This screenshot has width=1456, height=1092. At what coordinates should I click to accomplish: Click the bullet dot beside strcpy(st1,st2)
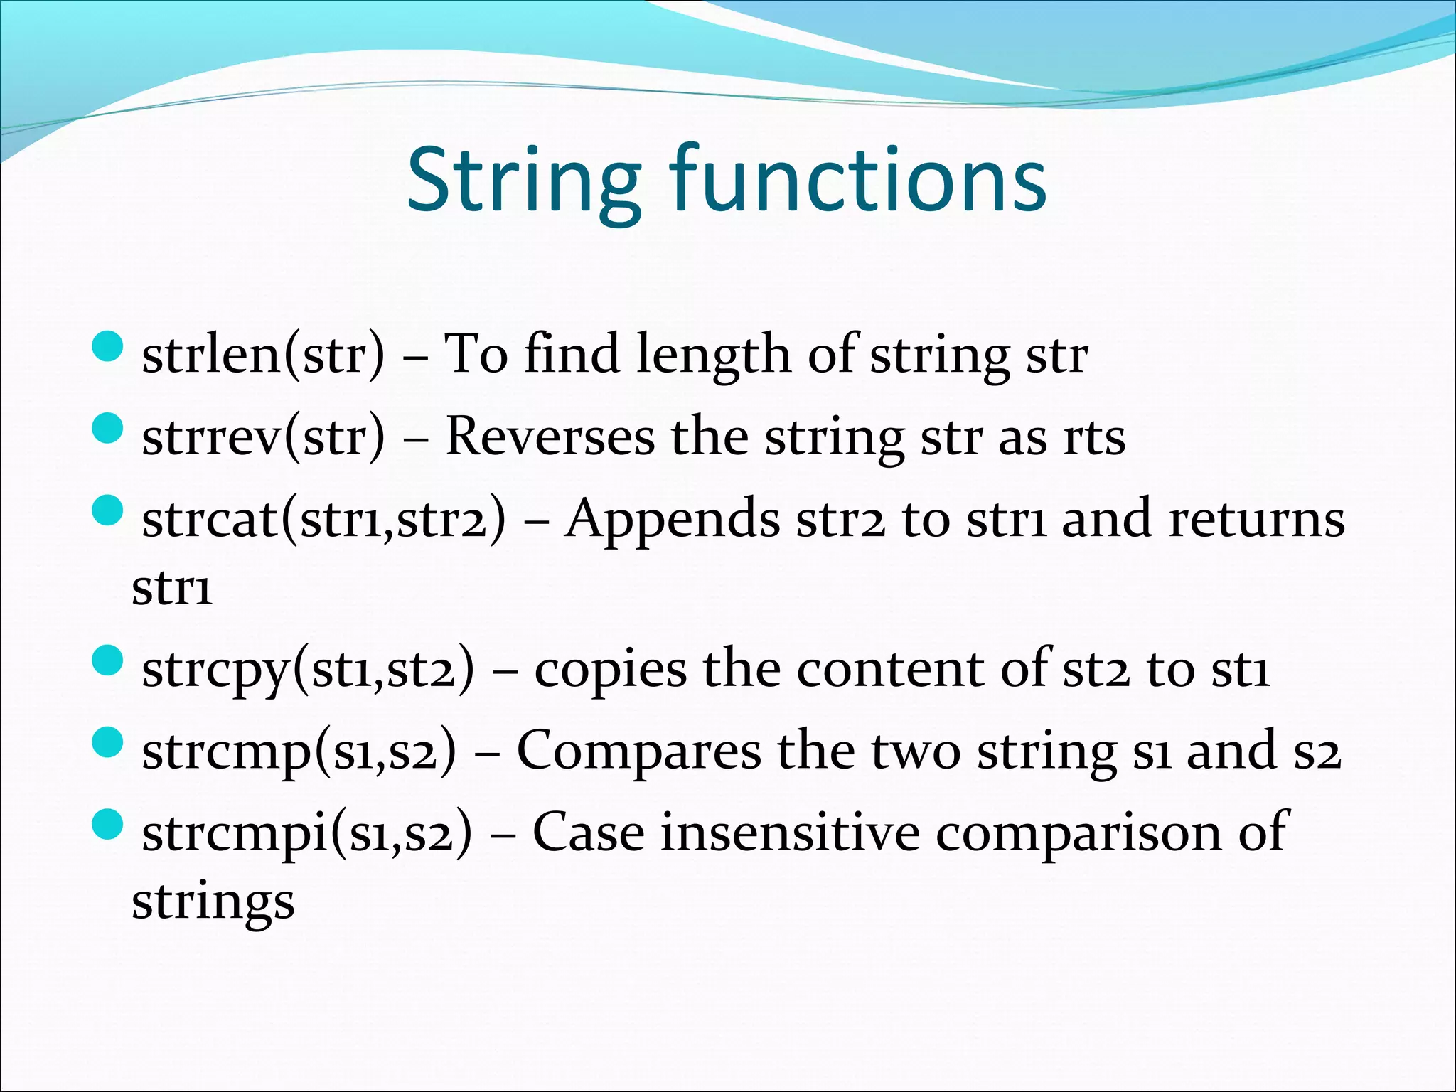pyautogui.click(x=108, y=660)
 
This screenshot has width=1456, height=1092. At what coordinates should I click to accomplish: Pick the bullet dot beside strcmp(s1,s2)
pyautogui.click(x=108, y=743)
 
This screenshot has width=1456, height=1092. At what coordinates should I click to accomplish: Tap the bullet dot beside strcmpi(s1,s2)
pyautogui.click(x=108, y=825)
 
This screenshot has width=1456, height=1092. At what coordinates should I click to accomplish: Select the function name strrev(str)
pyautogui.click(x=263, y=436)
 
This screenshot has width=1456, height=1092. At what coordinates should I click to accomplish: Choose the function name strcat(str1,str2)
pyautogui.click(x=324, y=519)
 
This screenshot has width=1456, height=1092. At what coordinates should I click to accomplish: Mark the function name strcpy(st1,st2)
pyautogui.click(x=307, y=670)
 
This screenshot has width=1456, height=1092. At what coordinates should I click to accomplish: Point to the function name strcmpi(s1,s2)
pyautogui.click(x=306, y=833)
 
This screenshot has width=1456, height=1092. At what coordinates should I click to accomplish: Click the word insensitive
pyautogui.click(x=790, y=832)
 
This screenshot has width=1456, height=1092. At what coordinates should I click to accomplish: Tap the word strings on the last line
pyautogui.click(x=213, y=903)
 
